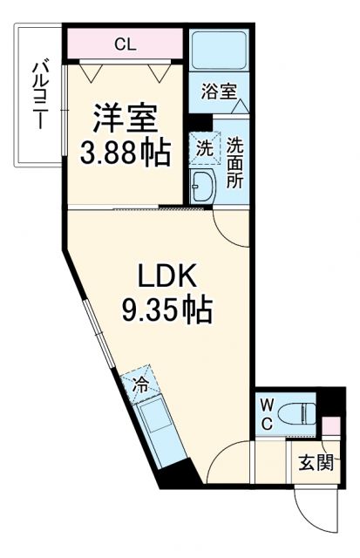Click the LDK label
170,278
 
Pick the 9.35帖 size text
170,309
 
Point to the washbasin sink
203,185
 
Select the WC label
268,413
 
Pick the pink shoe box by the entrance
330,428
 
